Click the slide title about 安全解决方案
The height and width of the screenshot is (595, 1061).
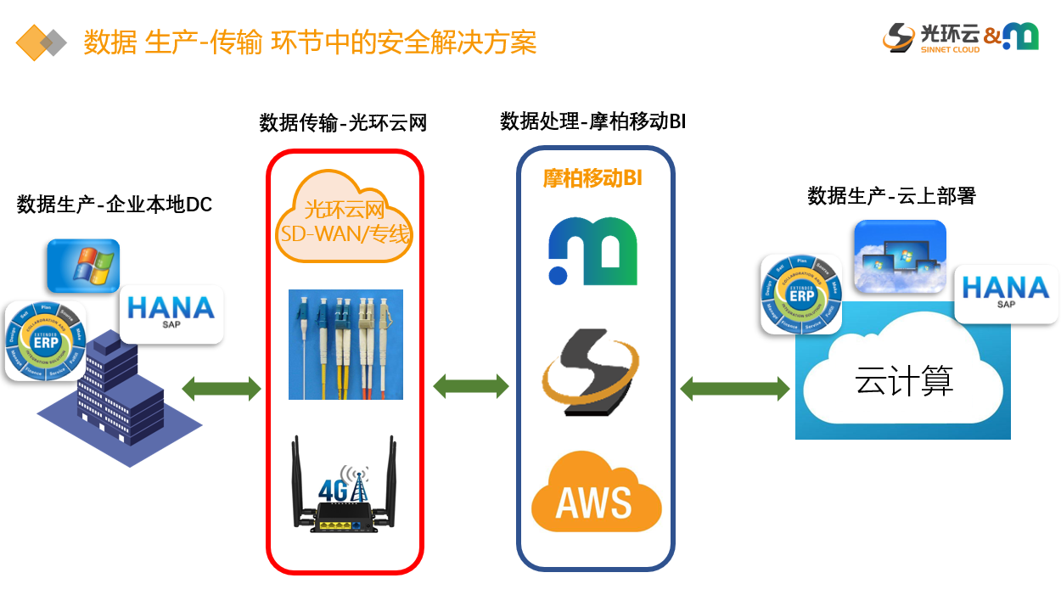310,42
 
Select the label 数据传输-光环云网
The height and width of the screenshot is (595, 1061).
343,123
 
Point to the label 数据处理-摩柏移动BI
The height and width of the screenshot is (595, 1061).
592,121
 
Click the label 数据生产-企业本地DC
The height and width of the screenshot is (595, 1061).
115,205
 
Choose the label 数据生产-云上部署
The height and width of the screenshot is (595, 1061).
891,196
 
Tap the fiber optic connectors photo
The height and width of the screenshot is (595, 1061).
345,344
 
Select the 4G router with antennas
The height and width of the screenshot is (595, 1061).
345,488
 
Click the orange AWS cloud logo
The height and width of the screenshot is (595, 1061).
596,494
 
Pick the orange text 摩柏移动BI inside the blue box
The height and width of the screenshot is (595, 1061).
592,178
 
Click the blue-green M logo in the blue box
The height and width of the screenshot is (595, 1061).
592,250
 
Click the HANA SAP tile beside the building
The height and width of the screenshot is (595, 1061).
171,313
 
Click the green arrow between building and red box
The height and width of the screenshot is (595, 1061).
222,389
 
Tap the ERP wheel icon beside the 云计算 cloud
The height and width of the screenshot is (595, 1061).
801,295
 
